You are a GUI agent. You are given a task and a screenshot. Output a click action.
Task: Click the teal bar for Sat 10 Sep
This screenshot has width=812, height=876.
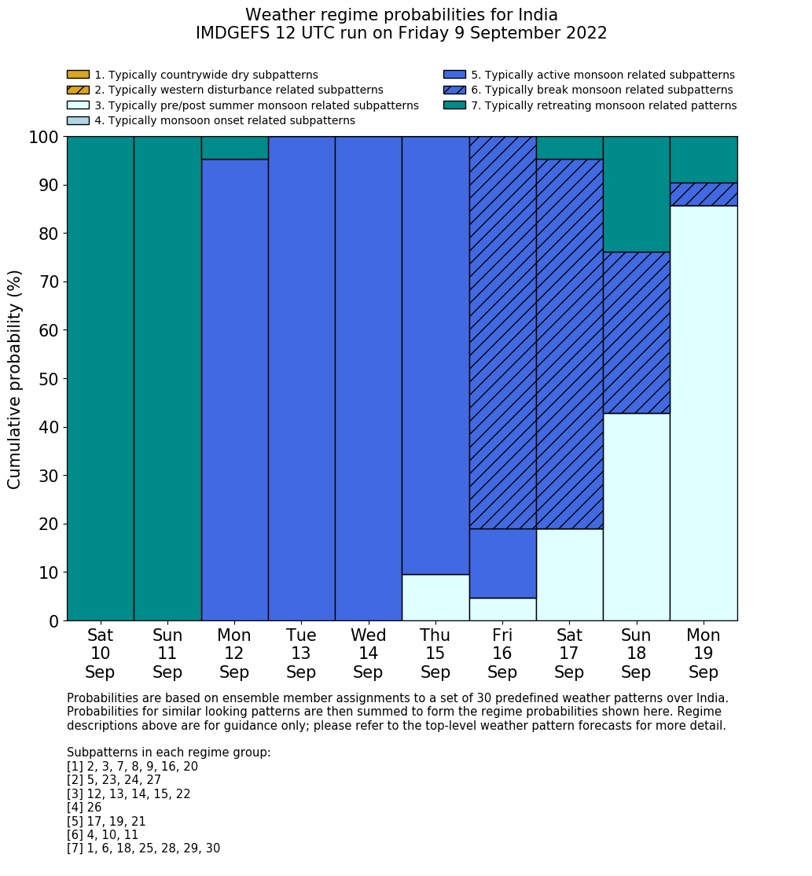click(100, 378)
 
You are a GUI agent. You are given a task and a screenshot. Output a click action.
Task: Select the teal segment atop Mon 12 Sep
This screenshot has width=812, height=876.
click(234, 148)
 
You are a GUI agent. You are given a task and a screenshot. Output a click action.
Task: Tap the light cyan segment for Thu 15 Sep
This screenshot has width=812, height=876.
click(435, 597)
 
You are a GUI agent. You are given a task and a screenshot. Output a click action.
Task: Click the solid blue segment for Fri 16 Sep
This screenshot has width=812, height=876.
click(502, 563)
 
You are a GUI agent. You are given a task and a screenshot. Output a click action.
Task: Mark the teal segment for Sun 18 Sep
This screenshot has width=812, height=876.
click(636, 194)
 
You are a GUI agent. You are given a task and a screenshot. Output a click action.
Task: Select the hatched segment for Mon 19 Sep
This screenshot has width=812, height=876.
click(704, 194)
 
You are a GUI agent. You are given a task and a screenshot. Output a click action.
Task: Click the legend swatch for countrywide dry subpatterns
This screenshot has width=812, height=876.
click(78, 75)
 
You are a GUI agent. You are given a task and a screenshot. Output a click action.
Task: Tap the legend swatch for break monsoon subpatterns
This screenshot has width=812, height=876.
click(454, 90)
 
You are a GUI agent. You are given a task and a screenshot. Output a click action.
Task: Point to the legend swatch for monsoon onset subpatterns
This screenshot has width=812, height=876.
click(78, 120)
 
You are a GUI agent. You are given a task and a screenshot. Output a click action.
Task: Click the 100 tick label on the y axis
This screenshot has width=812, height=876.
click(44, 138)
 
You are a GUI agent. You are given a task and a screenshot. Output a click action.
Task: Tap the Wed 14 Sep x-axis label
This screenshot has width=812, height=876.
click(368, 653)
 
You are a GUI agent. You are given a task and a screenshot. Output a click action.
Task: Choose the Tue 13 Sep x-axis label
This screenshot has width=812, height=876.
click(301, 653)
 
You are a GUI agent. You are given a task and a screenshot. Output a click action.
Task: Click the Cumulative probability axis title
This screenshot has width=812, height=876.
click(15, 378)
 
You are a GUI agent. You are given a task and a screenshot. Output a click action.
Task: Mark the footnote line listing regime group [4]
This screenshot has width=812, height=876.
click(84, 808)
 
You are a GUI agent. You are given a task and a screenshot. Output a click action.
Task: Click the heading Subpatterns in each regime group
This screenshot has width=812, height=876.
click(168, 753)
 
